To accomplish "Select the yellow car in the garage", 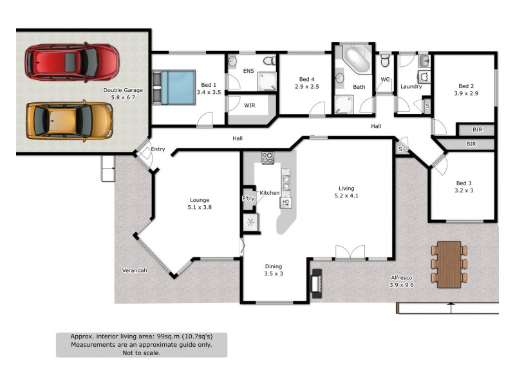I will coord(69,120).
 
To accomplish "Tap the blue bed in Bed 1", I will coord(176,88).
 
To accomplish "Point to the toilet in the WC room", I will coord(385,61).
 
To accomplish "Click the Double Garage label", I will coord(123,94).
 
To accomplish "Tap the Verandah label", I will coord(134,270).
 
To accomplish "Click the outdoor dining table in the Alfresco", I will coord(449,263).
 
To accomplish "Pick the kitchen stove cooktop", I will coord(268,157).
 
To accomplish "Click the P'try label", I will coord(248,199).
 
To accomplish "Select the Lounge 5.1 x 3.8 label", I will coord(199,203).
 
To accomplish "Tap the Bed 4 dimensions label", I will coord(307,86).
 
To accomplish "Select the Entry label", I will coord(158,149).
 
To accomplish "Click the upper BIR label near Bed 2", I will coord(477,131).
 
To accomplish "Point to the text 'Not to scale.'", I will coord(141,353).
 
